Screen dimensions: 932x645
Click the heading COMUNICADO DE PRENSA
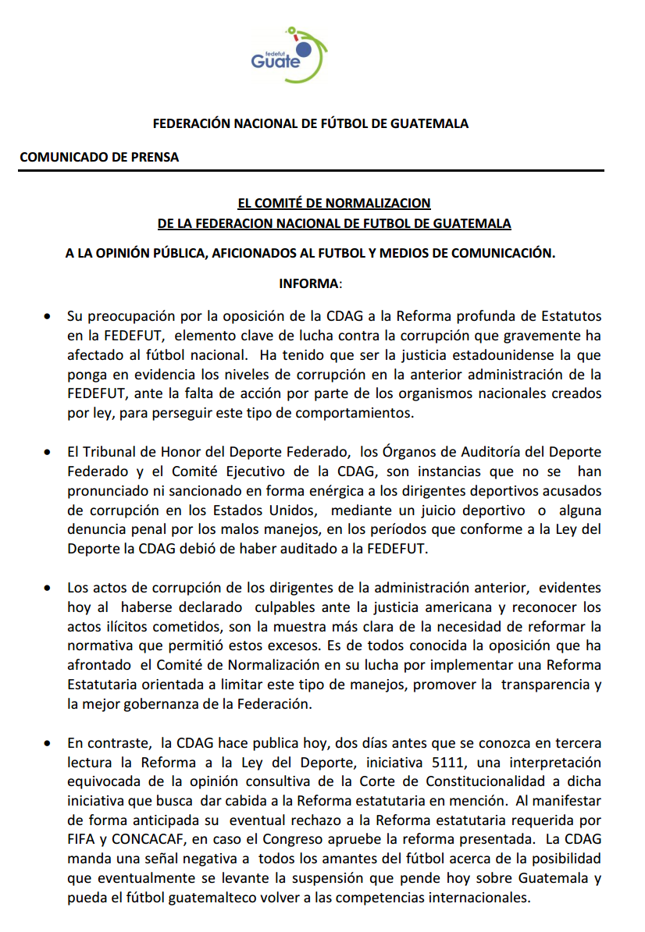[99, 157]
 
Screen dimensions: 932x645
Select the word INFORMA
[309, 283]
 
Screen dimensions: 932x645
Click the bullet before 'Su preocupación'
[48, 318]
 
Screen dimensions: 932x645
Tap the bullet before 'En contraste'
[48, 743]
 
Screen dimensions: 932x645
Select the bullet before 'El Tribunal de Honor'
[48, 452]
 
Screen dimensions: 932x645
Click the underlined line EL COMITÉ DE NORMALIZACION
[334, 203]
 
